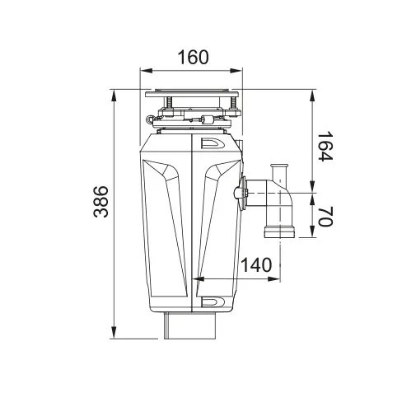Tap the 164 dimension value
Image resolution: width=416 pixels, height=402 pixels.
[325, 146]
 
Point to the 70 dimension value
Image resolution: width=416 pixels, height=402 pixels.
[325, 218]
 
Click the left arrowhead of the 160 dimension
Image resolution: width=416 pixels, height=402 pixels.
[143, 71]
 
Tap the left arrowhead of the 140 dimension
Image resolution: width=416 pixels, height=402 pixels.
[195, 280]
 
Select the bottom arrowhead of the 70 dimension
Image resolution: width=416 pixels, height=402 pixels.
[312, 236]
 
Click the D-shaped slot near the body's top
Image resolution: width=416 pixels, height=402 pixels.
[212, 143]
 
